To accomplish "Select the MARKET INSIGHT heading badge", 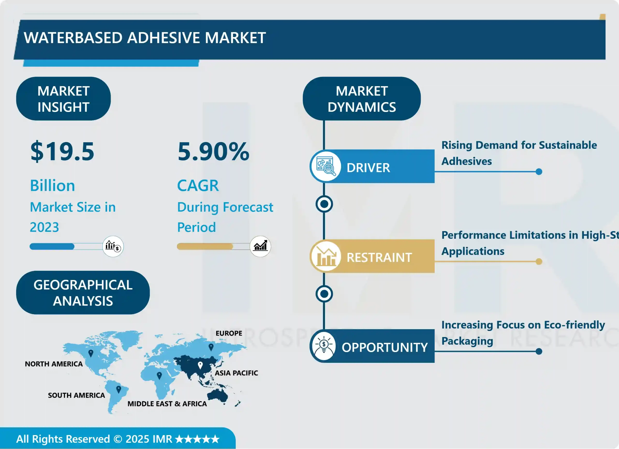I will pyautogui.click(x=63, y=99).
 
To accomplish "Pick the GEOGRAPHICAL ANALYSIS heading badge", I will pyautogui.click(x=83, y=292).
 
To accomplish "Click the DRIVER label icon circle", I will pyautogui.click(x=325, y=166).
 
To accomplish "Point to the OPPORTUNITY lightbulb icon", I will pyautogui.click(x=324, y=346).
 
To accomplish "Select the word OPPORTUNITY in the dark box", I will pyautogui.click(x=384, y=347).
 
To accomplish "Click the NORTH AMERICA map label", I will pyautogui.click(x=54, y=364).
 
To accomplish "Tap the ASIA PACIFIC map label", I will pyautogui.click(x=236, y=373).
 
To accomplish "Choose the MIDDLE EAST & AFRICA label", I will pyautogui.click(x=167, y=404).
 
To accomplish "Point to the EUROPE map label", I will pyautogui.click(x=229, y=333).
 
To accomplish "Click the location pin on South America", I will pyautogui.click(x=118, y=389).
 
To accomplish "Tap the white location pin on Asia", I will pyautogui.click(x=200, y=365).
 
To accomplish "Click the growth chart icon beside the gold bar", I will pyautogui.click(x=260, y=246).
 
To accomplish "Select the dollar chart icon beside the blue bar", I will pyautogui.click(x=113, y=246).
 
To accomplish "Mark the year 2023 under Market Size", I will pyautogui.click(x=44, y=227).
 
